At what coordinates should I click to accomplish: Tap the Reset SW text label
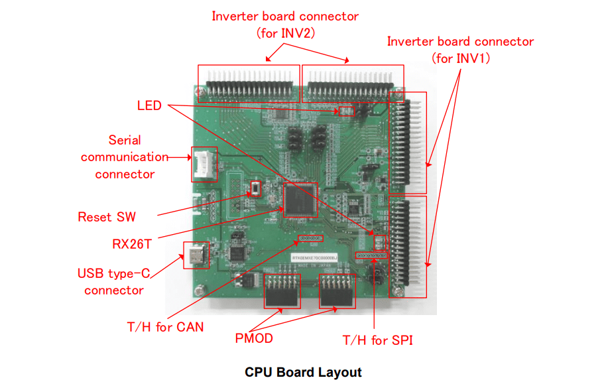(x=106, y=217)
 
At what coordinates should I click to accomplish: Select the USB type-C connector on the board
(x=196, y=254)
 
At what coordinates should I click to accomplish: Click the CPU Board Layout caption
(x=303, y=372)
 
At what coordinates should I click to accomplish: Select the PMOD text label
(x=254, y=338)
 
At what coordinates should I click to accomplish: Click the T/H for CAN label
(x=165, y=326)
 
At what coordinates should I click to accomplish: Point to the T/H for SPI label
(x=378, y=340)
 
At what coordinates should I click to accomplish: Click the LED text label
(x=149, y=105)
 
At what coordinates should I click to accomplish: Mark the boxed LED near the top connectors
(x=346, y=111)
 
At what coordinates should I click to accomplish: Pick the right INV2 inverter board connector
(x=353, y=84)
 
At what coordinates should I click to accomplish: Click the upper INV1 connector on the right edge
(x=407, y=143)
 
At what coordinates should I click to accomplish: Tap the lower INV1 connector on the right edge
(x=407, y=246)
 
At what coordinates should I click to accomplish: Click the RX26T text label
(x=132, y=243)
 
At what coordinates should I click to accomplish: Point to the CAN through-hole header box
(x=310, y=237)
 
